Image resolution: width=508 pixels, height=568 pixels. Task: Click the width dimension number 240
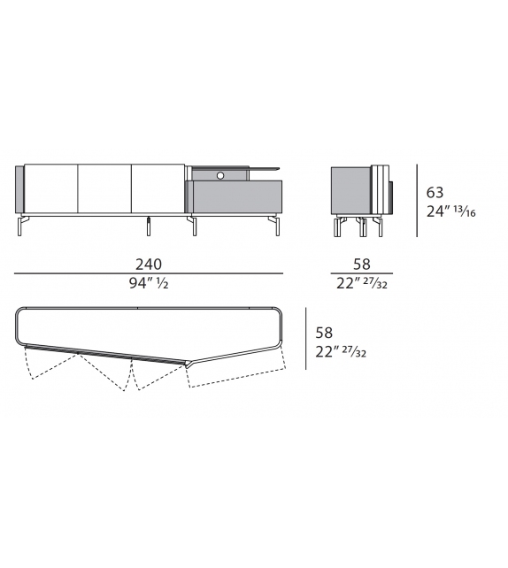tap(149, 264)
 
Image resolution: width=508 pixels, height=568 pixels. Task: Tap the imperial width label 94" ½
tap(149, 284)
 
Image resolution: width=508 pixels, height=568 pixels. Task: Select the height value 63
tap(435, 192)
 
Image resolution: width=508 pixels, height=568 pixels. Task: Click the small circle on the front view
tap(219, 174)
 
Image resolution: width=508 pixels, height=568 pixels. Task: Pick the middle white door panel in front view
tap(104, 188)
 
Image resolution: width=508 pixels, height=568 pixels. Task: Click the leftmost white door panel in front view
tap(50, 188)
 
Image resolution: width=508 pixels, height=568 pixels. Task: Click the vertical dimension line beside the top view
tap(305, 350)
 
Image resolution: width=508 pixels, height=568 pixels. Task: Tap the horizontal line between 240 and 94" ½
tap(149, 273)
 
